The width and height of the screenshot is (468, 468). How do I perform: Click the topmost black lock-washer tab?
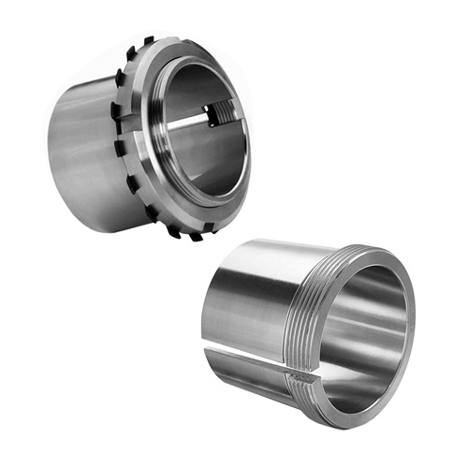point(148,40)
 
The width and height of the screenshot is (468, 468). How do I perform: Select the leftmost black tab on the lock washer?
point(114,110)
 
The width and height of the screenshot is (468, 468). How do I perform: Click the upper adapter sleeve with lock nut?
point(140,131)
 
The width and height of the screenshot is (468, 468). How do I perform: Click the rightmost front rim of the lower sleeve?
point(412,328)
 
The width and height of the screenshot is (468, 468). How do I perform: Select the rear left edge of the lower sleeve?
point(211,309)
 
